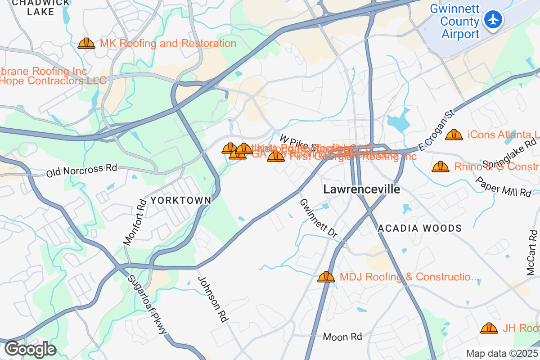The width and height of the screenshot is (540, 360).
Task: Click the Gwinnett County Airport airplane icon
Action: click(494, 20)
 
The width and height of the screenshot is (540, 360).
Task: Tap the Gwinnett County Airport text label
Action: click(454, 21)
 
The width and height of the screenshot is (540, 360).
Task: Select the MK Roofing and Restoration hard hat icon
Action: click(86, 44)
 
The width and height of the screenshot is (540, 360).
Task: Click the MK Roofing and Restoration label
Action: click(168, 44)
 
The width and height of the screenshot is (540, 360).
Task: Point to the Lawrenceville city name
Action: click(361, 189)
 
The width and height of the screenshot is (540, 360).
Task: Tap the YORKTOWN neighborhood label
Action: click(180, 200)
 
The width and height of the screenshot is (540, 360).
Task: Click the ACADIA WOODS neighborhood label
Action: click(419, 228)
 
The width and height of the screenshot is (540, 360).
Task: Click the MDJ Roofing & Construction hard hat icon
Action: click(326, 277)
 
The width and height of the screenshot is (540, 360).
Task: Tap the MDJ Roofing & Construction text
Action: click(409, 277)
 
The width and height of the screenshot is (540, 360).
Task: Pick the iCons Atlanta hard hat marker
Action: click(454, 135)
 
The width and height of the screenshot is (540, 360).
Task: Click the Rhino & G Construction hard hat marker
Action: click(440, 167)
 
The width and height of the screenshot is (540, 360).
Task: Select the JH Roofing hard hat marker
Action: click(489, 328)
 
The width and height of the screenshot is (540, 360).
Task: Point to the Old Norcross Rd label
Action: click(81, 171)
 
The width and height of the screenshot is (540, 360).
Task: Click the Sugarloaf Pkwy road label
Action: click(147, 305)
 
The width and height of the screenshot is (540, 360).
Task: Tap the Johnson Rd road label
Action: click(212, 299)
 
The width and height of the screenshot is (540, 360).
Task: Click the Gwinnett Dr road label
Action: click(318, 218)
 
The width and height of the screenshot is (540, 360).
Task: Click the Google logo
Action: click(30, 349)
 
